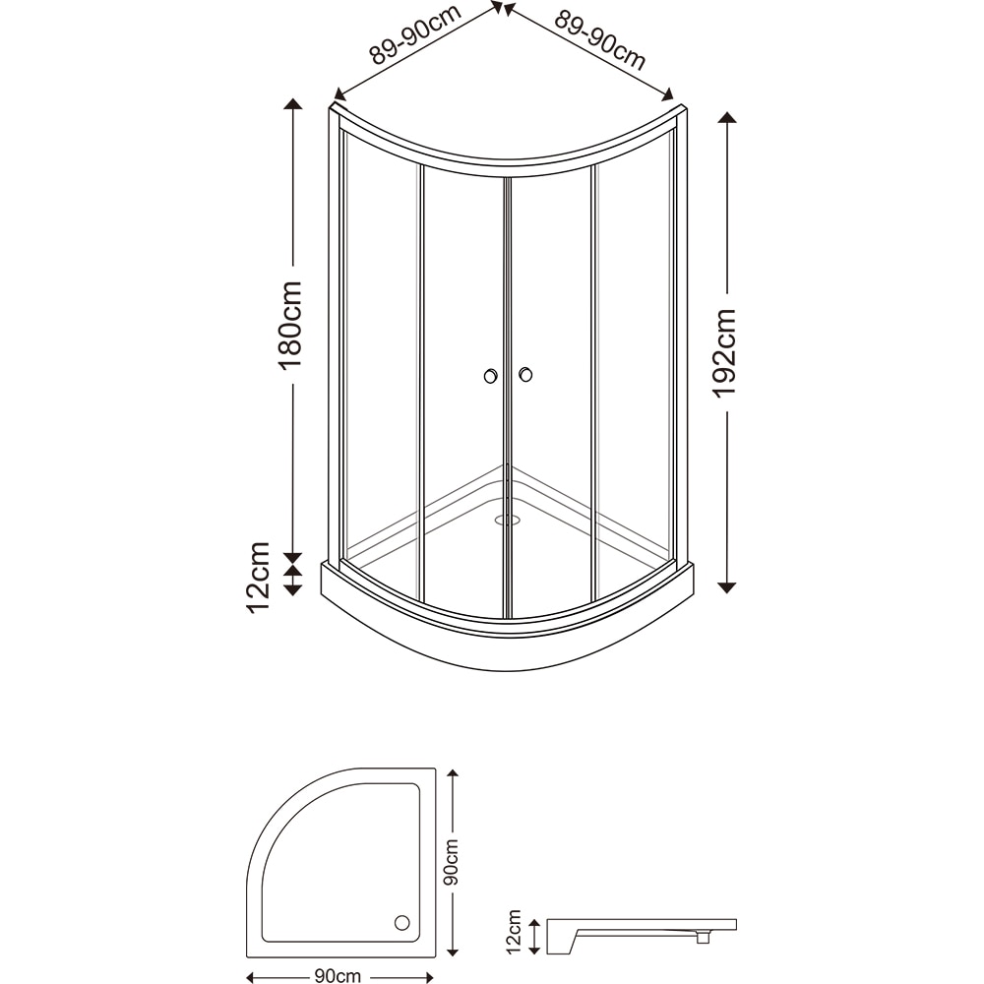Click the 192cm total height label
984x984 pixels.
click(x=725, y=352)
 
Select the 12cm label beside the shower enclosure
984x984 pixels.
click(x=259, y=576)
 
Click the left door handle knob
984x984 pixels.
click(x=490, y=376)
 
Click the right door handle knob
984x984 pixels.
click(x=525, y=374)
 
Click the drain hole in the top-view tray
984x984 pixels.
click(x=401, y=922)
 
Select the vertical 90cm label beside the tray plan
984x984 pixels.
click(x=452, y=863)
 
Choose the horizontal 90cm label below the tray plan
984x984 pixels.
click(x=338, y=975)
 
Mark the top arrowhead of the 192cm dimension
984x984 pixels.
click(x=727, y=118)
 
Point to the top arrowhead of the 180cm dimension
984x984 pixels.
click(x=292, y=104)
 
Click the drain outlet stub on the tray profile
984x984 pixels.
click(x=703, y=938)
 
